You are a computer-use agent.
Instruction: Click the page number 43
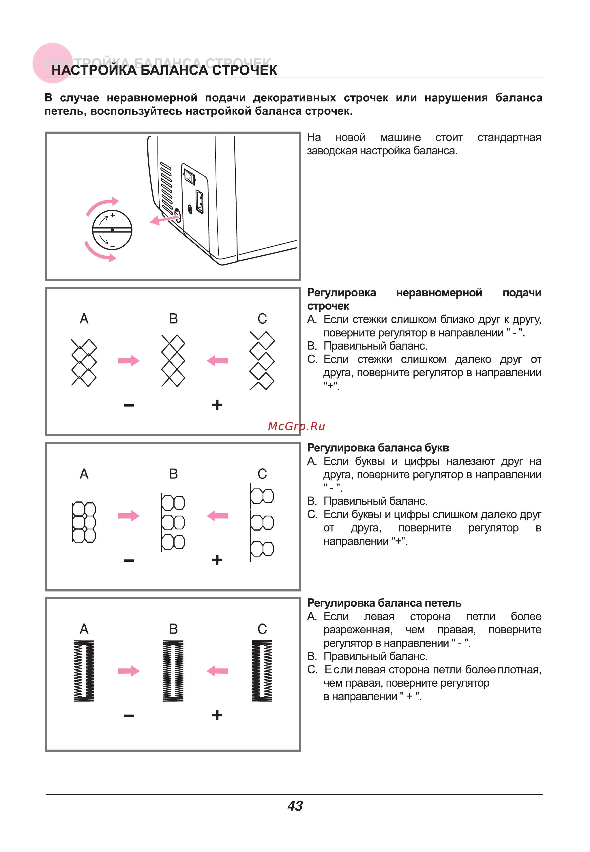point(295,806)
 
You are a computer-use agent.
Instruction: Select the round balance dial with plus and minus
point(112,230)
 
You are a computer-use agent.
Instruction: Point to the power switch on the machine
point(190,177)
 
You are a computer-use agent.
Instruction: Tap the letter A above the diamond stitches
point(84,319)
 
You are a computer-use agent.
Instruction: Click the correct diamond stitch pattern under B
point(173,361)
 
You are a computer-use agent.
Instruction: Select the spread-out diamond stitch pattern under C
point(262,361)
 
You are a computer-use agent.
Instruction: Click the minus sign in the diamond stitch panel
point(129,405)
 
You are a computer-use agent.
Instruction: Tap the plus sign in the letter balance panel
point(217,560)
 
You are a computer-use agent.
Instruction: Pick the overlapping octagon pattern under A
point(84,522)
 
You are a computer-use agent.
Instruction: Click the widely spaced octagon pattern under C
point(262,522)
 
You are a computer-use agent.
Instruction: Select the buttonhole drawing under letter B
point(173,671)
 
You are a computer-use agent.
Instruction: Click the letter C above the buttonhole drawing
point(262,629)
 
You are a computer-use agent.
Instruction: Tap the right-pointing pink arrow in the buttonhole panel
point(129,671)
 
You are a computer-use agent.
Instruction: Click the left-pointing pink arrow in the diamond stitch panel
point(218,360)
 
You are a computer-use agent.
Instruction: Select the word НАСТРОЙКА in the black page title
point(94,70)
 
